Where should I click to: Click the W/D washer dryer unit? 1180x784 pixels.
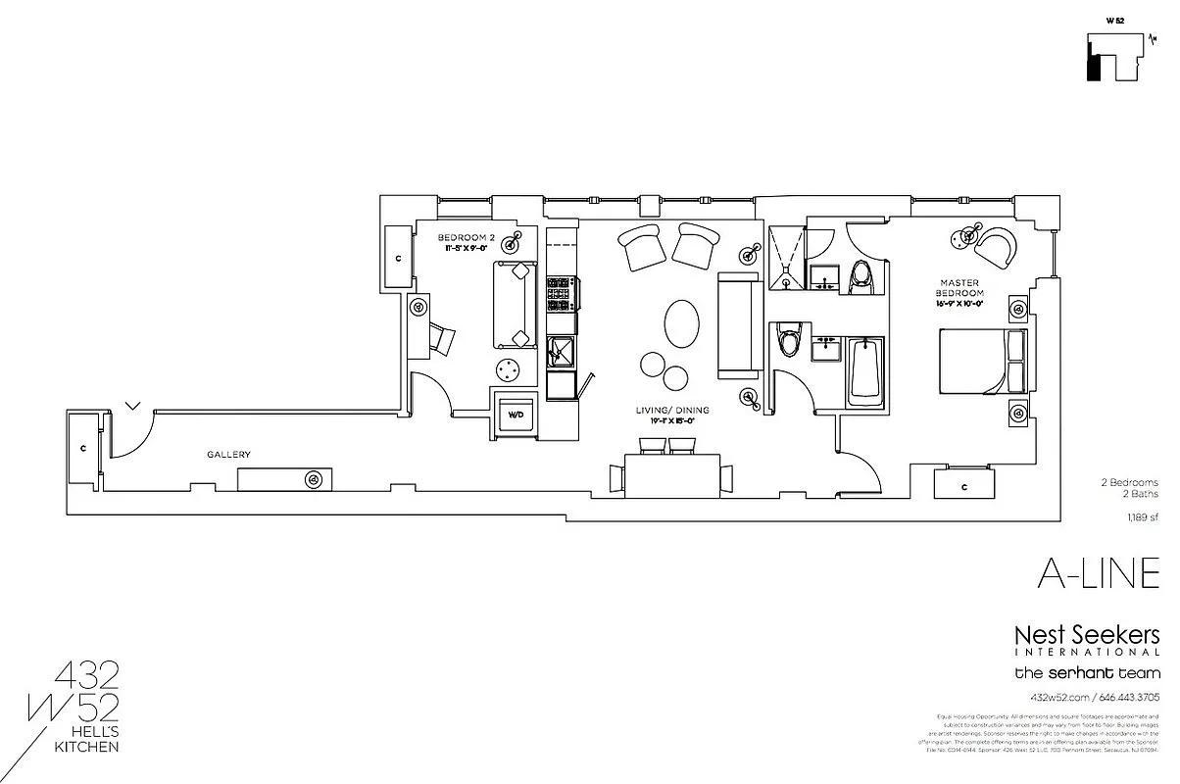coord(516,415)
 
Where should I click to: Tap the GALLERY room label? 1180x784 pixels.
coord(228,455)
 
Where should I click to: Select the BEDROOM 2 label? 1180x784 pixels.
coord(465,237)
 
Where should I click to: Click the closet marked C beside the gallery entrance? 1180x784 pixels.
coord(83,449)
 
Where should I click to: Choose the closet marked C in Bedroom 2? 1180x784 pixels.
coord(398,258)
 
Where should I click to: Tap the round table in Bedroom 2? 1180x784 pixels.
coord(508,370)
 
